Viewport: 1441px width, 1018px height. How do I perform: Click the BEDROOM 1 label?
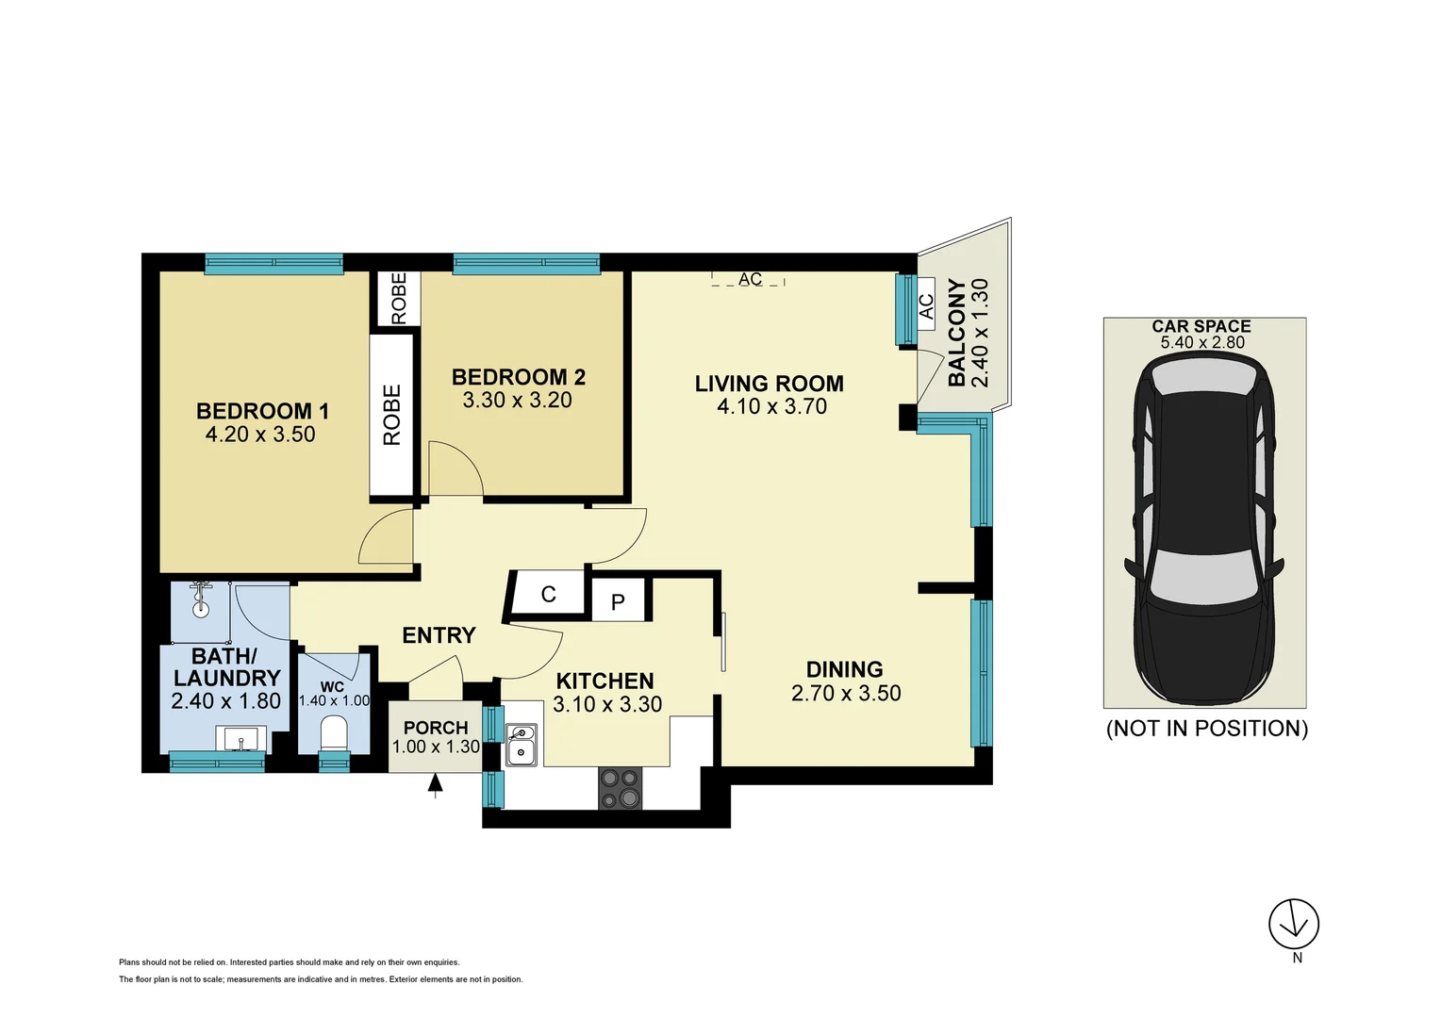262,411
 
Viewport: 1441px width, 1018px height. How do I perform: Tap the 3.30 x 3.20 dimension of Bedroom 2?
517,400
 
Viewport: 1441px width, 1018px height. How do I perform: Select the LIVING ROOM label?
769,384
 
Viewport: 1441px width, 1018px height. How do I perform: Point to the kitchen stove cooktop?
620,788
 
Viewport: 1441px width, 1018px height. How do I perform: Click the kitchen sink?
521,744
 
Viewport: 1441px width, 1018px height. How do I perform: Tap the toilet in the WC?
333,732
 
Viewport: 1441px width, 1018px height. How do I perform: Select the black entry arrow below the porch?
435,784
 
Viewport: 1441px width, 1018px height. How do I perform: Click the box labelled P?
618,601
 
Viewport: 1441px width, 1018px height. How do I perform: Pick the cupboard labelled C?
548,595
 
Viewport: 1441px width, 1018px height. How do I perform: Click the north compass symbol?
1293,924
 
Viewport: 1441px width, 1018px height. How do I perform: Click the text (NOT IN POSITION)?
1206,729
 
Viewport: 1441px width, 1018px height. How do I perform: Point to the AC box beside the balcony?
925,306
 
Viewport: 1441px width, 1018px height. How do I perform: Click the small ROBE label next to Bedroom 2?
399,298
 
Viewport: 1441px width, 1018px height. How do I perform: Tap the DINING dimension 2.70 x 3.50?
845,693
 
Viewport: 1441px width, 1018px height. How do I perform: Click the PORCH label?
436,728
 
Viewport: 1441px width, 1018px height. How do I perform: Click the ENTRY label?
439,635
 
